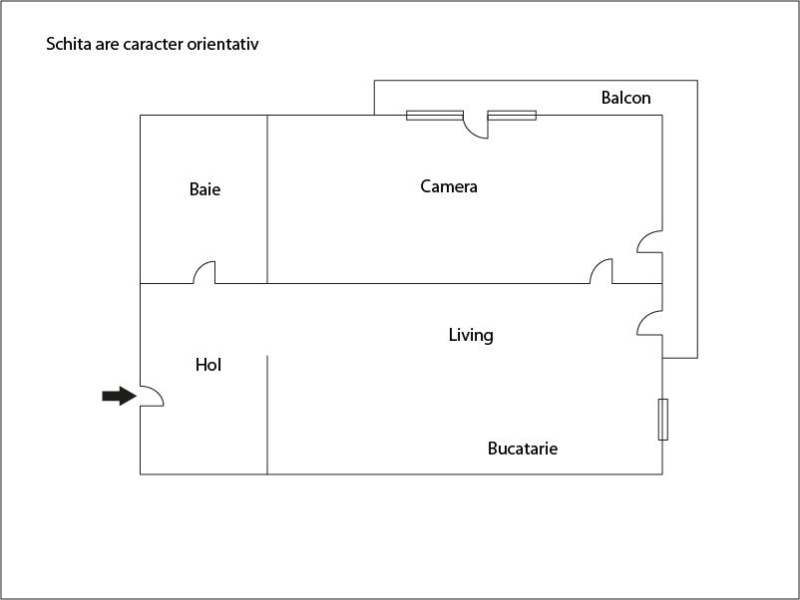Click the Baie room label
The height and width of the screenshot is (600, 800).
point(204,189)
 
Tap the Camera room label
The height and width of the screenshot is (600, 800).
point(449,186)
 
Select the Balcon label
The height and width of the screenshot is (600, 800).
point(626,98)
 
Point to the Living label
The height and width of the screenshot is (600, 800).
point(471,335)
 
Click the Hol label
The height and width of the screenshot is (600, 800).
point(208,365)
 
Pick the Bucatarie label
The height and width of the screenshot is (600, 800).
point(523,449)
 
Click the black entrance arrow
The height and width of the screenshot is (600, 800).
point(120,396)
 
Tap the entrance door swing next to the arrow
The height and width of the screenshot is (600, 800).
point(152,396)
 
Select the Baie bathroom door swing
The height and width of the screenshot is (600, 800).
point(204,272)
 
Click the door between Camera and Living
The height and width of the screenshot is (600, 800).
point(601,271)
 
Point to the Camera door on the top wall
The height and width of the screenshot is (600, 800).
point(476,126)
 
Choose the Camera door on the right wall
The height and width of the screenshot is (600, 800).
point(650,241)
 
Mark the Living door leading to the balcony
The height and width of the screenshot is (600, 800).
point(650,323)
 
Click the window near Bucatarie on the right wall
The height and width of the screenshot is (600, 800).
point(662,419)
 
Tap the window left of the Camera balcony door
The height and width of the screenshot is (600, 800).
point(435,116)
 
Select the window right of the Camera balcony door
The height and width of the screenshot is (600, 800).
point(512,116)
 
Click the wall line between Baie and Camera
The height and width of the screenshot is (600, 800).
point(267,199)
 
